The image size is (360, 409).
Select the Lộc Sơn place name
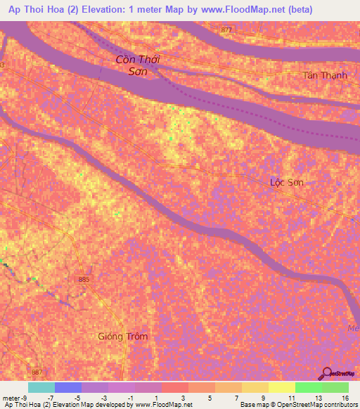tap(287, 182)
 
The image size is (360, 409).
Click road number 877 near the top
tap(226, 30)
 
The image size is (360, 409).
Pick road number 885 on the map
tap(84, 279)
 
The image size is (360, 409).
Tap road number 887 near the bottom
tap(37, 372)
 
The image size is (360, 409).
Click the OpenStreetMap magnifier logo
tap(326, 373)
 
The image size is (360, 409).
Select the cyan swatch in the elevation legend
tap(41, 387)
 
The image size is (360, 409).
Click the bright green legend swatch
tap(308, 387)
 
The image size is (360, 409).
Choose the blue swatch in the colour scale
tap(67, 387)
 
